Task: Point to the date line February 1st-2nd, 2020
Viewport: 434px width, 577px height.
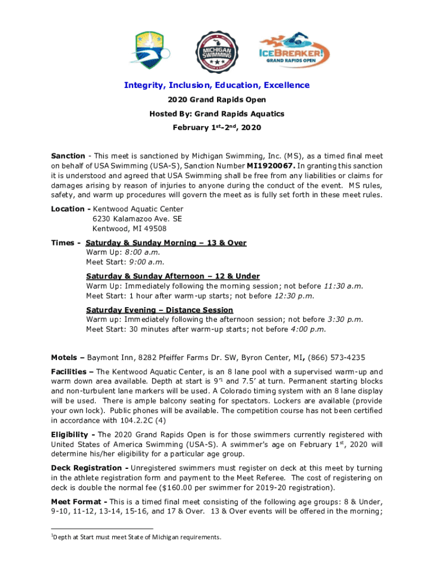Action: [x=216, y=128]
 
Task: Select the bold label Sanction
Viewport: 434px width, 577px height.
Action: [x=68, y=156]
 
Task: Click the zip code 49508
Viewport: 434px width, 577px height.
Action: [x=154, y=229]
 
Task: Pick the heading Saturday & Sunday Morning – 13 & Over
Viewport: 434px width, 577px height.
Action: [x=166, y=243]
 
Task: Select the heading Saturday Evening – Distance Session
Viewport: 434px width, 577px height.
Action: [x=159, y=310]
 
